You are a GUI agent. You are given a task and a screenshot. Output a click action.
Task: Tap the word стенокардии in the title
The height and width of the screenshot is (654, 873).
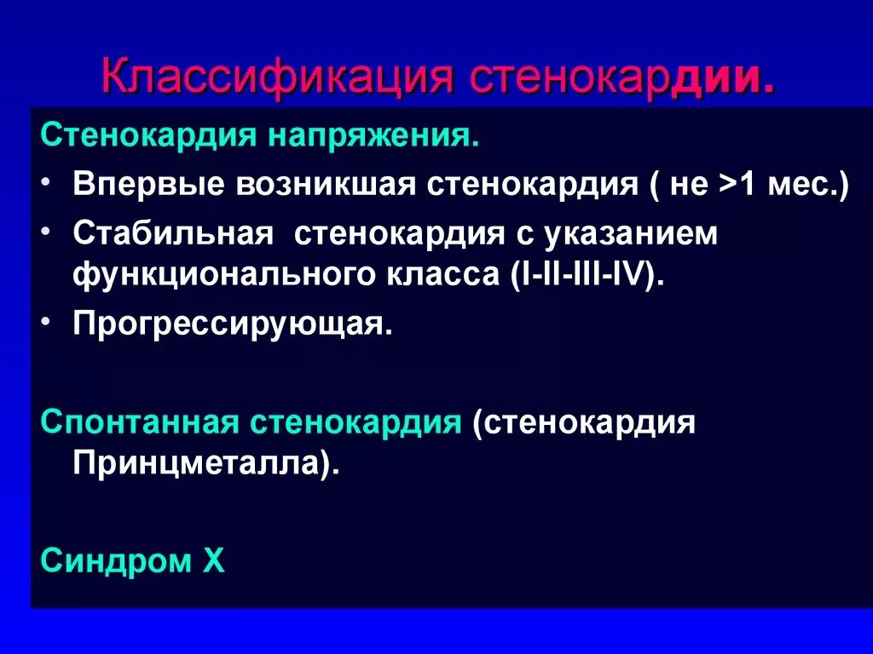[x=622, y=77]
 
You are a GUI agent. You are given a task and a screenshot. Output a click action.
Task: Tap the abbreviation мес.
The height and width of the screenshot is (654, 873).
[x=806, y=185]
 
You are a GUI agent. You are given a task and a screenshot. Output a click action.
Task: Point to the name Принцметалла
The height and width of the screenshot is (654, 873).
[x=200, y=463]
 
